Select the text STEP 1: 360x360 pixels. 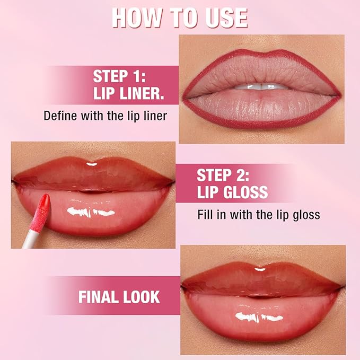tap(121, 76)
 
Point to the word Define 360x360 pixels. tap(62, 116)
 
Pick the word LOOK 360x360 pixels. tap(142, 296)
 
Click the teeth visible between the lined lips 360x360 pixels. tap(260, 86)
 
